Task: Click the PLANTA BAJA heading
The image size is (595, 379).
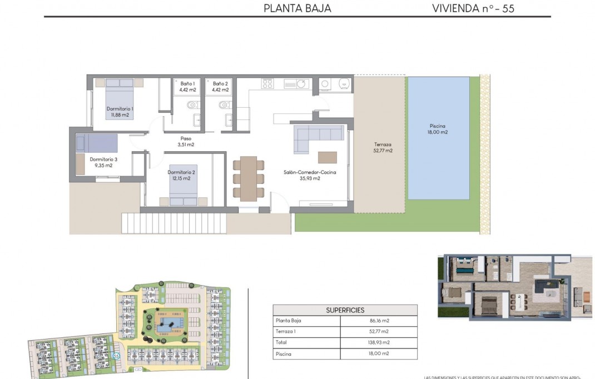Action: click(x=297, y=8)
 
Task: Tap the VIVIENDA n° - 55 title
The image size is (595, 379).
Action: click(x=473, y=8)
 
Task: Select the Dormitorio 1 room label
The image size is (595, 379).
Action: click(x=120, y=112)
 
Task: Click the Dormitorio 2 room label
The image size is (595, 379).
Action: click(x=182, y=175)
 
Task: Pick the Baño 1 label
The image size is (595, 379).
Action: click(x=187, y=86)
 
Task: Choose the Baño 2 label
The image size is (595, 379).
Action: click(x=220, y=86)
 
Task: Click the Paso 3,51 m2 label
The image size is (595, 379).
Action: click(x=186, y=142)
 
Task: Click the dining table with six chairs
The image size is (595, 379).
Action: click(x=249, y=178)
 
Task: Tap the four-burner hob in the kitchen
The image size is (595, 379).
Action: click(x=267, y=83)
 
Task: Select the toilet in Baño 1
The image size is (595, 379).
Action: click(x=192, y=104)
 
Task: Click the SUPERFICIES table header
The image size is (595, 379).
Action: click(x=345, y=310)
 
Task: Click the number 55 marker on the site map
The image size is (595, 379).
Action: click(x=116, y=355)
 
